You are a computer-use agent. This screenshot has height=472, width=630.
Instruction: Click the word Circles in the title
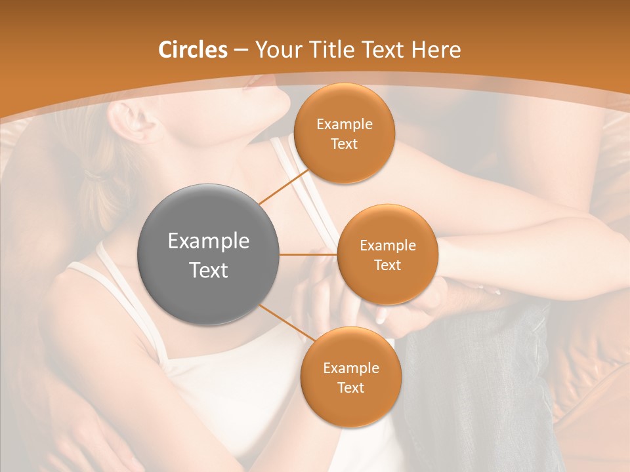pyautogui.click(x=193, y=50)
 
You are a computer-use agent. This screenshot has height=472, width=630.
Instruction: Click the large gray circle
pyautogui.click(x=208, y=254)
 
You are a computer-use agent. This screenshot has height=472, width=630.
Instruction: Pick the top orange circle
pyautogui.click(x=344, y=133)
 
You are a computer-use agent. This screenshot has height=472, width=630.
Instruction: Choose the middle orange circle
pyautogui.click(x=387, y=254)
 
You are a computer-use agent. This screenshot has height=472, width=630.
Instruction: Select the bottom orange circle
pyautogui.click(x=350, y=377)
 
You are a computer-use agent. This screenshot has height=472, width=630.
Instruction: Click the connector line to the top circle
pyautogui.click(x=284, y=186)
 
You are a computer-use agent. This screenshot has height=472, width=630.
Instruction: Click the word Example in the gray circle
pyautogui.click(x=208, y=241)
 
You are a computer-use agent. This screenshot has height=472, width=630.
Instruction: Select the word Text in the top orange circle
pyautogui.click(x=344, y=144)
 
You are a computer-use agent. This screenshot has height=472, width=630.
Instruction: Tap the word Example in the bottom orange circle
pyautogui.click(x=350, y=368)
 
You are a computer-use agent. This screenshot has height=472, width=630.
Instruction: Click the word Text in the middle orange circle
pyautogui.click(x=387, y=265)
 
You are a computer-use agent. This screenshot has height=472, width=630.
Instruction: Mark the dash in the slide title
pyautogui.click(x=241, y=50)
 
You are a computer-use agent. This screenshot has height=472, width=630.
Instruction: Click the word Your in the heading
pyautogui.click(x=276, y=50)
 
